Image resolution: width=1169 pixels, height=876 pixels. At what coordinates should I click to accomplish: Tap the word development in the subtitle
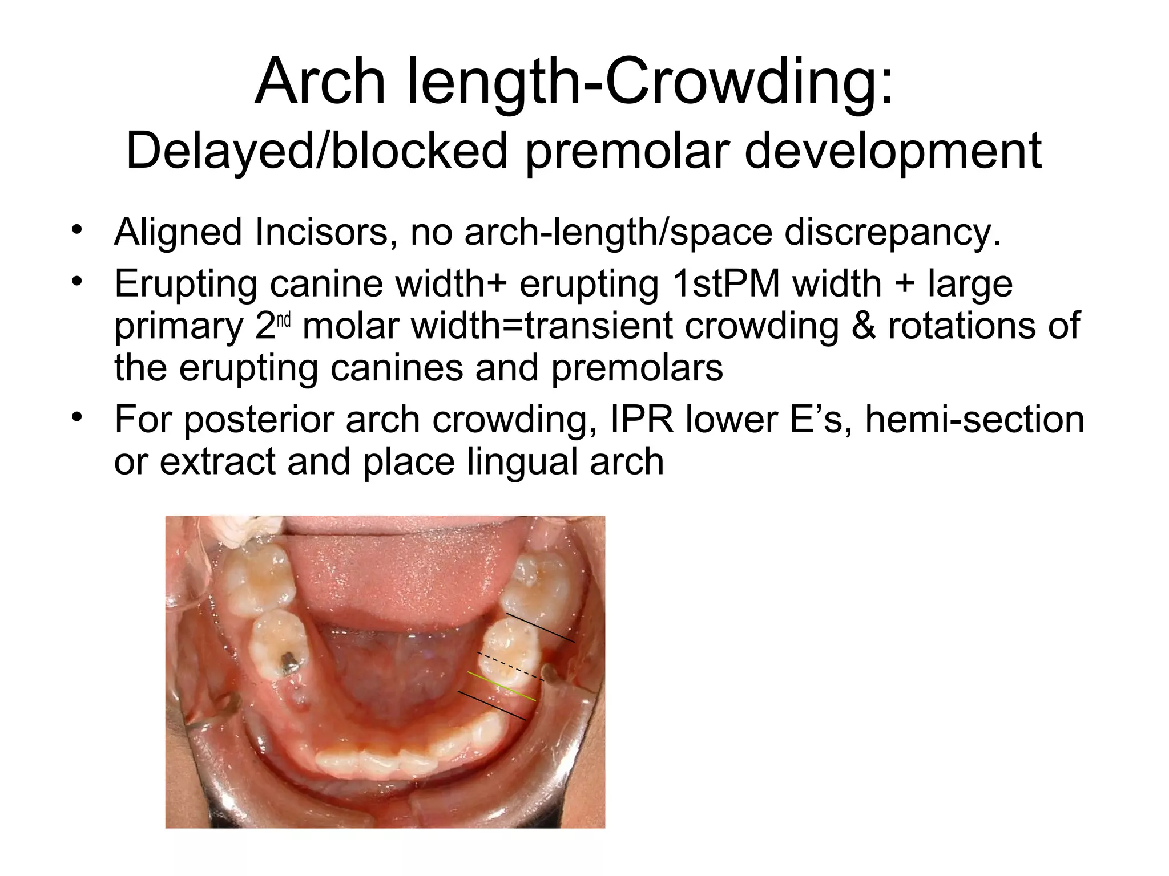[x=893, y=151]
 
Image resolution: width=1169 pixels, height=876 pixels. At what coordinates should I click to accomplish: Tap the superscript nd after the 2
[x=285, y=321]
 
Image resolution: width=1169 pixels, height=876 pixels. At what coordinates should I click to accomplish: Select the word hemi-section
[x=974, y=419]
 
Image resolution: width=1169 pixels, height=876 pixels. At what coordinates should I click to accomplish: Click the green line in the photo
[x=502, y=686]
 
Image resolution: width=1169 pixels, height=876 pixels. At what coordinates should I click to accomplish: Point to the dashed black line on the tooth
[x=510, y=666]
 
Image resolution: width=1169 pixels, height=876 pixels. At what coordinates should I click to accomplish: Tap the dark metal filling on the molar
[x=289, y=663]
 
